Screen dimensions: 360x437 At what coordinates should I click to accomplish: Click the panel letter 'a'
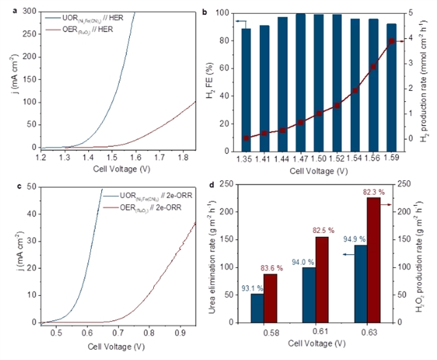coord(6,8)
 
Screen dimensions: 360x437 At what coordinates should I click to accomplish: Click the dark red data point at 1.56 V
coord(373,67)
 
